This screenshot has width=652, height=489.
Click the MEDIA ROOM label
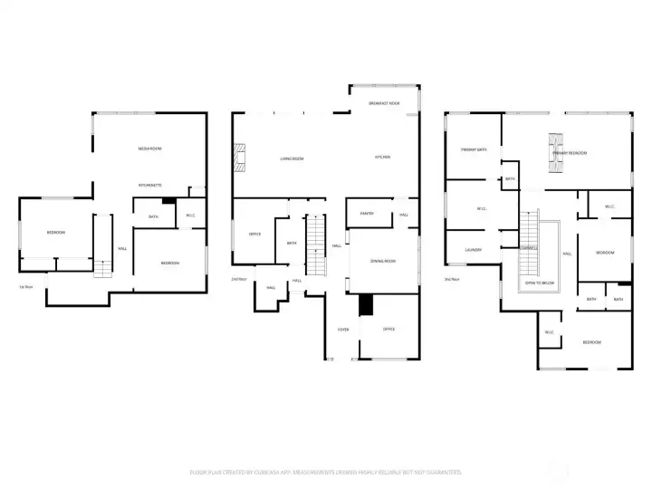tap(149, 148)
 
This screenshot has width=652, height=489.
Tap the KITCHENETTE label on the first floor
tap(149, 185)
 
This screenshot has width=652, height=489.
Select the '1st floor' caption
tap(26, 287)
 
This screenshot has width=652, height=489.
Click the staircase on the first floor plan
tap(102, 268)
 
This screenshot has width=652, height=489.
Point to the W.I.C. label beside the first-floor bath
tap(191, 216)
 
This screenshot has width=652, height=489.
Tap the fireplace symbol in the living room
tap(239, 158)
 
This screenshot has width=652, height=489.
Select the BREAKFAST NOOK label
tap(384, 104)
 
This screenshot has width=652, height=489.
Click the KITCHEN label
tap(382, 158)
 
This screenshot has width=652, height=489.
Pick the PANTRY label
tap(367, 214)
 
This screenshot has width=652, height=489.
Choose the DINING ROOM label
tap(383, 261)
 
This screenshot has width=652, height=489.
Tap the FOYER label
tap(343, 329)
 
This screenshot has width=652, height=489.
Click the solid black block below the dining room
tap(365, 305)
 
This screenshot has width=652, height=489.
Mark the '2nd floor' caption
tap(239, 279)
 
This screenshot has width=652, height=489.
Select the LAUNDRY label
tap(473, 250)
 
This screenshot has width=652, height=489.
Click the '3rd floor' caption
tap(451, 279)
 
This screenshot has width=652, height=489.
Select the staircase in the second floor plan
tap(314, 246)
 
